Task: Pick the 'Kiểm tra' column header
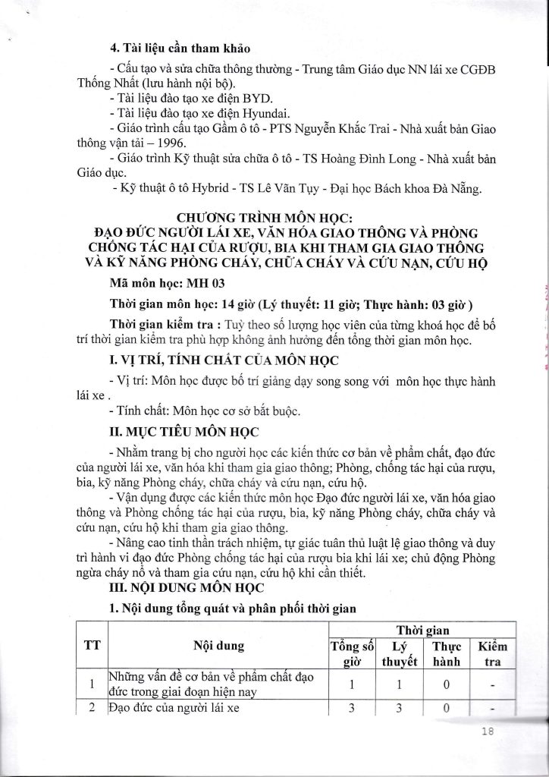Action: (493, 653)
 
